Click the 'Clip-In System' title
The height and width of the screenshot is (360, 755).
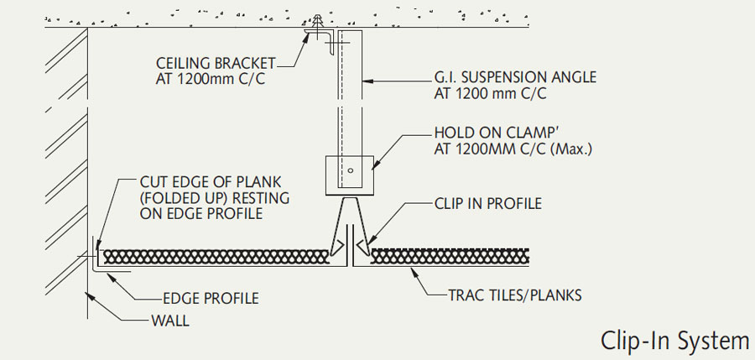pyautogui.click(x=674, y=340)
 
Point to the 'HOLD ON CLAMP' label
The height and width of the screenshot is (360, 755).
pyautogui.click(x=490, y=133)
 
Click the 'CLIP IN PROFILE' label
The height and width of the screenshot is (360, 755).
pyautogui.click(x=487, y=203)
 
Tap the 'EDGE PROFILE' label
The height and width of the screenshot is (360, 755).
pyautogui.click(x=210, y=298)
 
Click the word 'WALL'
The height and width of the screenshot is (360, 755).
pyautogui.click(x=170, y=320)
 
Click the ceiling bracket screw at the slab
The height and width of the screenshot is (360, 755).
pyautogui.click(x=319, y=23)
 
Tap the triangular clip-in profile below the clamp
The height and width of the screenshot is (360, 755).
pyautogui.click(x=350, y=222)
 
